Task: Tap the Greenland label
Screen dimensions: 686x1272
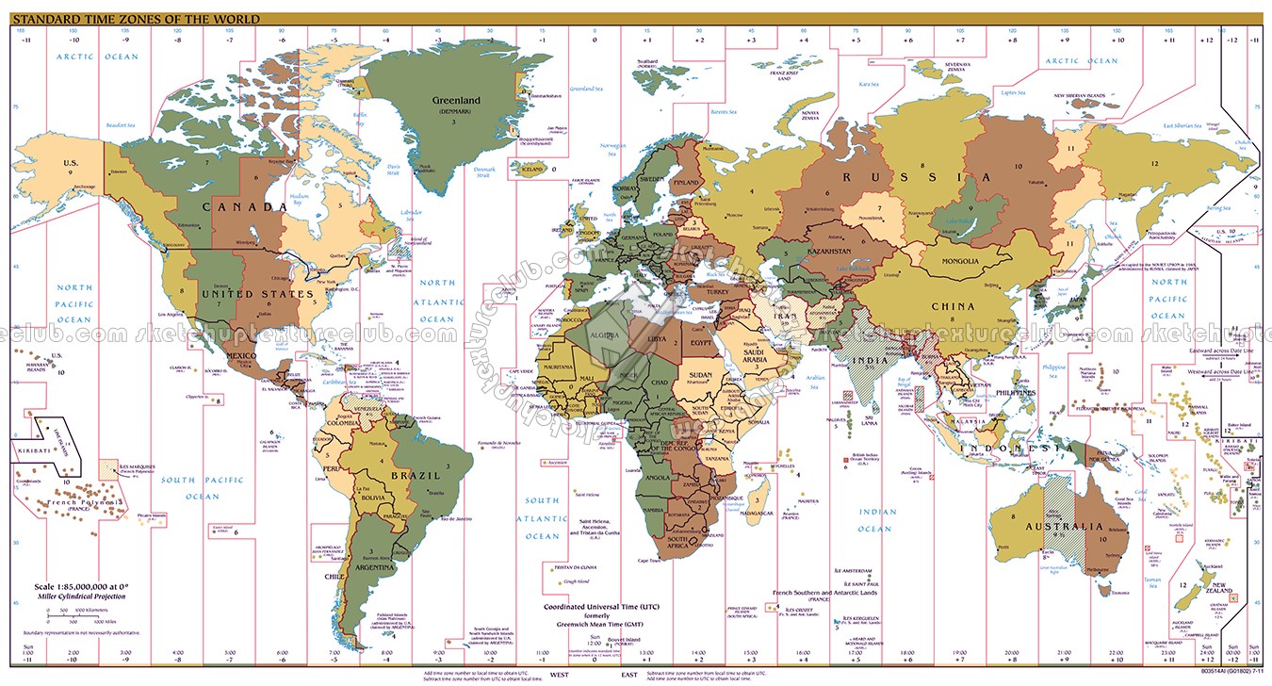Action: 456,100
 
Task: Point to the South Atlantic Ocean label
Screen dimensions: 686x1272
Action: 542,518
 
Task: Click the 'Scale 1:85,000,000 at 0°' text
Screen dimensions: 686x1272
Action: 73,585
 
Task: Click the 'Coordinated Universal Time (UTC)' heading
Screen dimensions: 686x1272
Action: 603,606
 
